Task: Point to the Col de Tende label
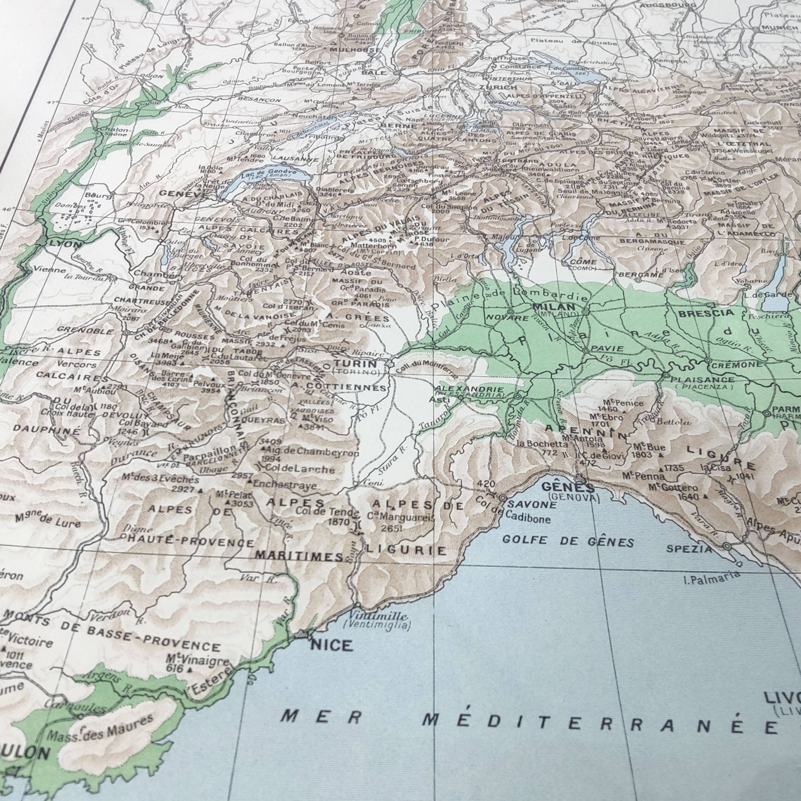327,512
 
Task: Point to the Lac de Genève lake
265,178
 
